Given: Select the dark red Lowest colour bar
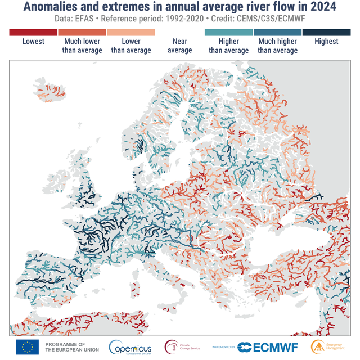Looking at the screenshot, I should coord(33,32).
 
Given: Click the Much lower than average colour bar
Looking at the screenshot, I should coord(82,32).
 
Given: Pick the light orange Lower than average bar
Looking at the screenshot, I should coord(131,32).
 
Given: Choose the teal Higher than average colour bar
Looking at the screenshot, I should coord(228,32).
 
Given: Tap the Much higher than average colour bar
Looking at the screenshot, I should coord(277,32).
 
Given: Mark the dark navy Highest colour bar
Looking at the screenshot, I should coord(326,32).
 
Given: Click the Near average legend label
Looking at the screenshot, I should coord(180,46).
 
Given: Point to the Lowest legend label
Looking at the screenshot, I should coord(33,42).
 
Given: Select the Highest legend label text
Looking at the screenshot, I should coord(326,42).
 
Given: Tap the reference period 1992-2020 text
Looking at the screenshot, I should coord(186,20).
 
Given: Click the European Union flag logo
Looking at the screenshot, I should coord(27,347).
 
